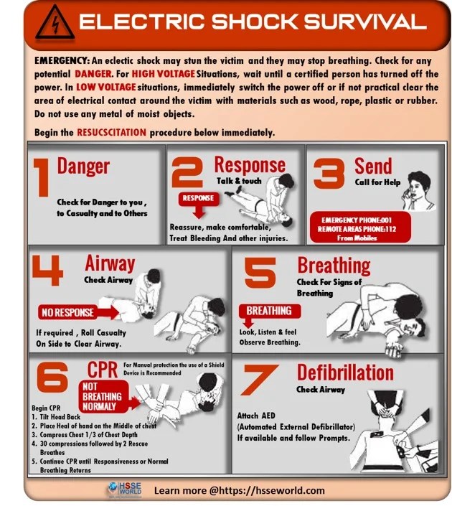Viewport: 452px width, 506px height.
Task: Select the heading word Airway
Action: pyautogui.click(x=110, y=263)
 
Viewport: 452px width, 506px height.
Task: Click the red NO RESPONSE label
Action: pyautogui.click(x=69, y=312)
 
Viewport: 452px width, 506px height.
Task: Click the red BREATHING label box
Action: pyautogui.click(x=268, y=311)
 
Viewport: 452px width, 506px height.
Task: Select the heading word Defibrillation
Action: pyautogui.click(x=344, y=373)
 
